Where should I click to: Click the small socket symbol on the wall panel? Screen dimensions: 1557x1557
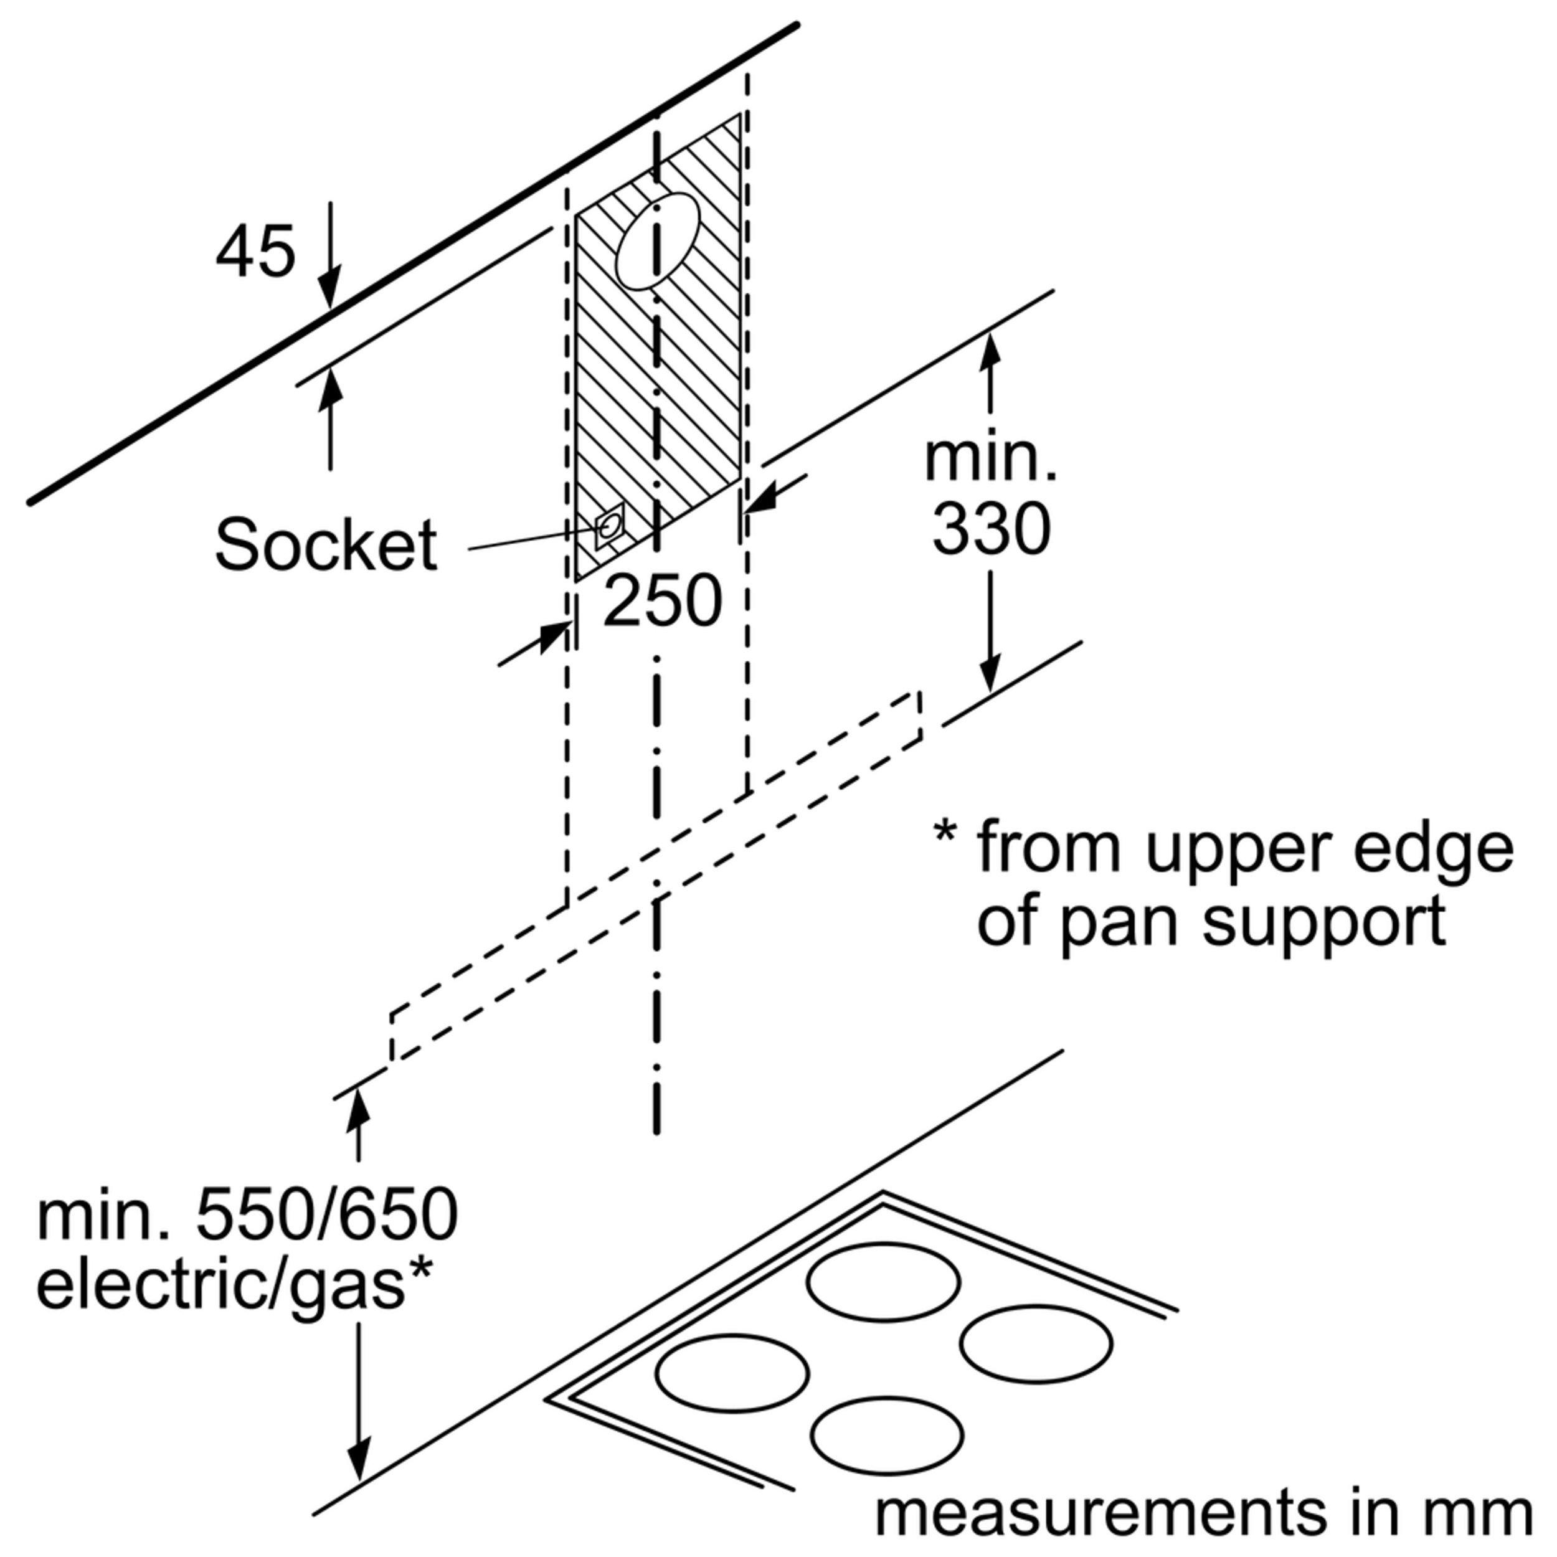point(608,527)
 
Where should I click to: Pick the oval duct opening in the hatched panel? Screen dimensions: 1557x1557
point(657,241)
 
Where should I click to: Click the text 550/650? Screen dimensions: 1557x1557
point(326,1214)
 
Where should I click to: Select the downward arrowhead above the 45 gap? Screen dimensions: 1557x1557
point(329,290)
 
